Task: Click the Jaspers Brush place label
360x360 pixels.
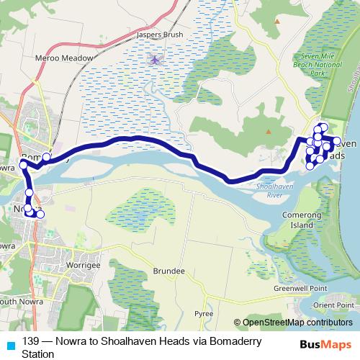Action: pyautogui.click(x=163, y=35)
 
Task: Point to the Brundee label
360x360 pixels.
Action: pyautogui.click(x=169, y=271)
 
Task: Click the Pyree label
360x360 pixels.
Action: pyautogui.click(x=204, y=314)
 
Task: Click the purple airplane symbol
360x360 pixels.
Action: pyautogui.click(x=155, y=59)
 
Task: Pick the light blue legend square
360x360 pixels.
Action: pyautogui.click(x=11, y=342)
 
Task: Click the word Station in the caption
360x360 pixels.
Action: pyautogui.click(x=38, y=354)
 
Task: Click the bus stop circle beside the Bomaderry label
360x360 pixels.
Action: pyautogui.click(x=47, y=157)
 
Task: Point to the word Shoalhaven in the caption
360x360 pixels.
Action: pyautogui.click(x=140, y=342)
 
